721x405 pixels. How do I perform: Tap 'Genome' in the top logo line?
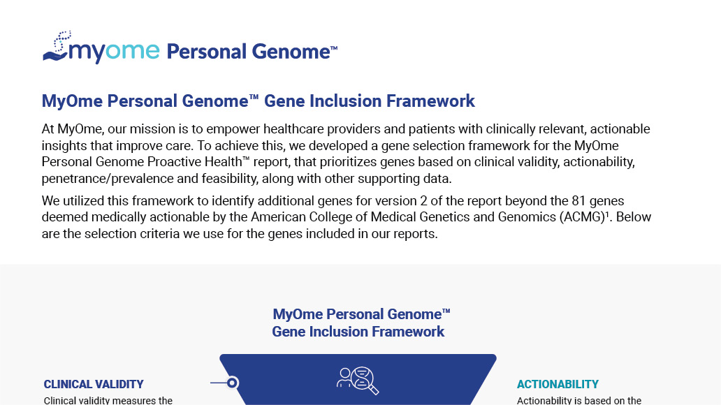coord(291,52)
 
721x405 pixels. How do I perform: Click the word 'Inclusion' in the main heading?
coord(345,101)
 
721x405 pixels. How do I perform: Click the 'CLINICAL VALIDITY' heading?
coord(94,384)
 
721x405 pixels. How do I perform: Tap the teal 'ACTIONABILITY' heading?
coord(558,384)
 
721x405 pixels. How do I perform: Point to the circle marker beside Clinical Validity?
coord(232,383)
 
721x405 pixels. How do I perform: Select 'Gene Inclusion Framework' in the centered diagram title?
coord(358,332)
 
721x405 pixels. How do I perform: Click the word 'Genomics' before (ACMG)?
coord(527,217)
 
